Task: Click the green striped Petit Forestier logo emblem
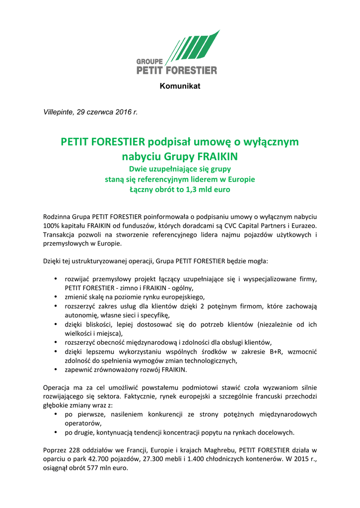tap(192, 47)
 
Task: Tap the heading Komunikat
tap(180, 86)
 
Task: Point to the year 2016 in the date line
tap(124, 112)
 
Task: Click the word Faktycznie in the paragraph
tap(149, 396)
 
